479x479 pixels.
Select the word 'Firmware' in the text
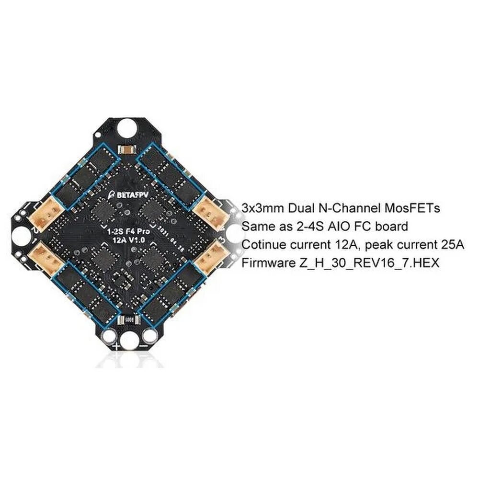click(x=264, y=263)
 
